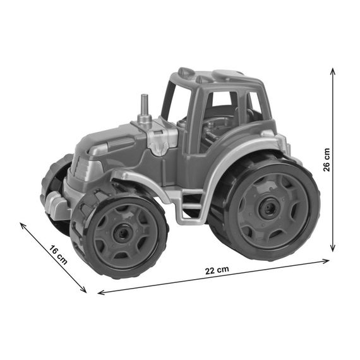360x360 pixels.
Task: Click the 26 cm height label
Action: click(x=327, y=160)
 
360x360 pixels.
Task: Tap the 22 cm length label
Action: click(x=217, y=270)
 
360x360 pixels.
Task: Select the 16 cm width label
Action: click(x=59, y=255)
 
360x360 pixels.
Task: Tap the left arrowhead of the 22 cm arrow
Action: click(x=100, y=292)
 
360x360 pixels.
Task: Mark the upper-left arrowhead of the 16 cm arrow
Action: click(x=23, y=225)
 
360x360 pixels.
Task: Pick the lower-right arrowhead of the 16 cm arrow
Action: click(x=84, y=291)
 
